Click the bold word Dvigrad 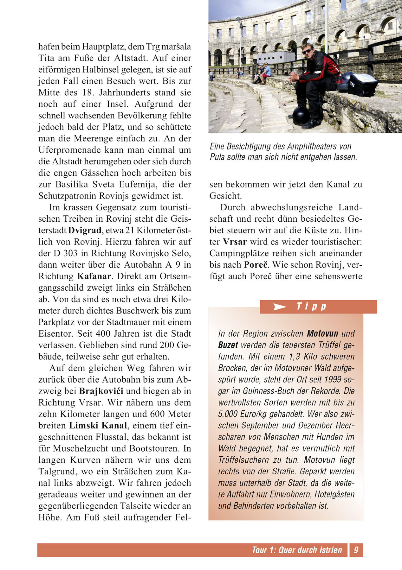(x=85, y=230)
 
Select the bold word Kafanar (x=94, y=276)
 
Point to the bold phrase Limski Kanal (x=98, y=426)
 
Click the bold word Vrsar (x=235, y=242)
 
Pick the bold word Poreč (x=256, y=265)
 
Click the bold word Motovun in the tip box (x=323, y=333)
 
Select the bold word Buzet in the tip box (x=228, y=345)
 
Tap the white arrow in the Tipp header (x=280, y=307)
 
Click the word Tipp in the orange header (x=311, y=307)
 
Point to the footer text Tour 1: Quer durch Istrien (x=297, y=550)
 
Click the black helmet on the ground (x=301, y=116)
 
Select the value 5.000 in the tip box (x=228, y=414)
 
